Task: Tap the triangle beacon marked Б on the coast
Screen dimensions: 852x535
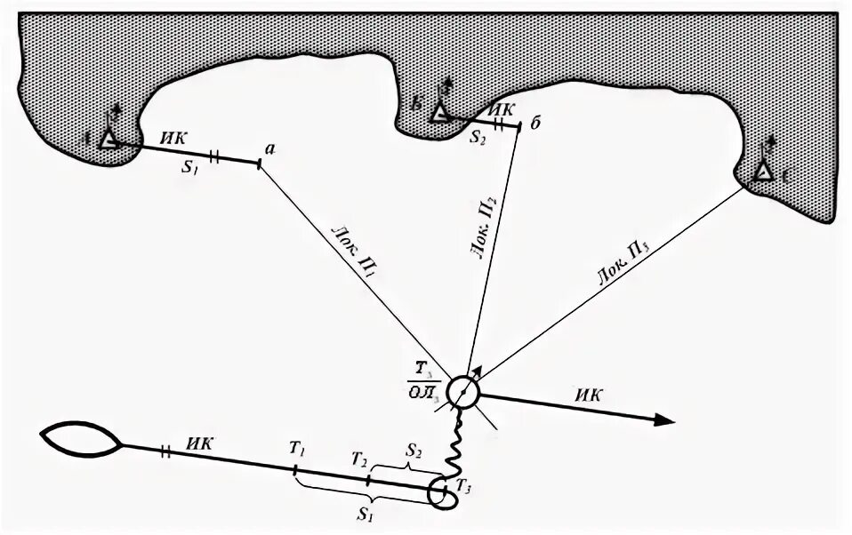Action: [438, 112]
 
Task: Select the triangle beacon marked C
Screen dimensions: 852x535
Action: [763, 171]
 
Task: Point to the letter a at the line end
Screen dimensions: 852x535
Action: [269, 150]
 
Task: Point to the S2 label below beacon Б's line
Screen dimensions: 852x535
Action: [478, 138]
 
